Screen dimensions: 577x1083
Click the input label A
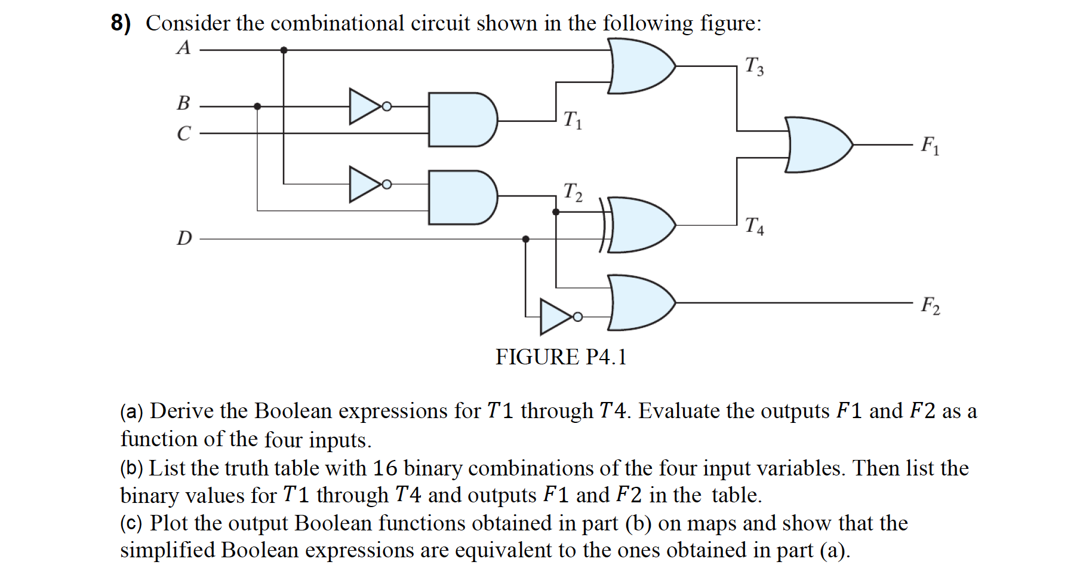pyautogui.click(x=183, y=48)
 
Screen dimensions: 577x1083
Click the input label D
pyautogui.click(x=184, y=238)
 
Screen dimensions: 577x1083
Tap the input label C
pyautogui.click(x=184, y=133)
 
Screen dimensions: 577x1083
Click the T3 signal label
pyautogui.click(x=753, y=66)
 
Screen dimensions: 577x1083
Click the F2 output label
pyautogui.click(x=930, y=305)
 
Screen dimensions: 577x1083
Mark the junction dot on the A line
pyautogui.click(x=284, y=50)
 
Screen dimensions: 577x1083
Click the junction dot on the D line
pyautogui.click(x=525, y=239)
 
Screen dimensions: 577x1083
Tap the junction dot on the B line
pyautogui.click(x=257, y=106)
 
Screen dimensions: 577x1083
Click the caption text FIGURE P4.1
pyautogui.click(x=561, y=357)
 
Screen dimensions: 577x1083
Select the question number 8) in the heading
pyautogui.click(x=121, y=23)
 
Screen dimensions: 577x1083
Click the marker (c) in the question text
pyautogui.click(x=131, y=524)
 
